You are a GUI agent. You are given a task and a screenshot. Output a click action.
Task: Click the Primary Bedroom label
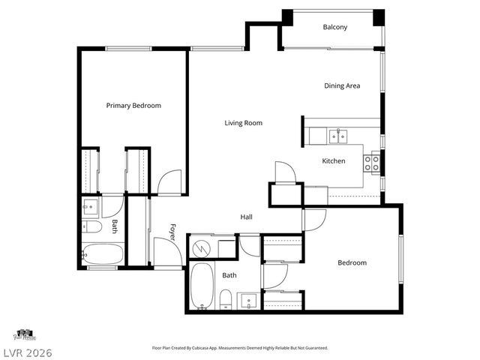coord(133,106)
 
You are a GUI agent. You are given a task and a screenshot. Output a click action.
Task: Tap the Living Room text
coord(243,123)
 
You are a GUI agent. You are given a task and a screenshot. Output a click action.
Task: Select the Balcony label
coord(334,28)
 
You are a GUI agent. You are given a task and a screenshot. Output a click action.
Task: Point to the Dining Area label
coord(342,85)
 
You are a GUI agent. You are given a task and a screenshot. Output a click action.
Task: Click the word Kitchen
coord(334,161)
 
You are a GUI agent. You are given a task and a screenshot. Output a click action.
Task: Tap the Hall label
coord(246,217)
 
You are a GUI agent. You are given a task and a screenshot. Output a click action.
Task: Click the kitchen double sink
coord(338,136)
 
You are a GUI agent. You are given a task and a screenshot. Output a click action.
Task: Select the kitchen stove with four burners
coord(372,162)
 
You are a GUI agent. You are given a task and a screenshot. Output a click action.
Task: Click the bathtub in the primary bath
coord(102,255)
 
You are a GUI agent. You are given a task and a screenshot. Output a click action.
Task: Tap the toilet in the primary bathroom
coord(91,226)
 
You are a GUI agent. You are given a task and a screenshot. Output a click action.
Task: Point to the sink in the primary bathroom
coord(91,205)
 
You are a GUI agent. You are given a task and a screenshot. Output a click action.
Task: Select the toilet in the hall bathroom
coord(226,300)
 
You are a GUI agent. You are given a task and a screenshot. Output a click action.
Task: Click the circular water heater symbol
coord(201,246)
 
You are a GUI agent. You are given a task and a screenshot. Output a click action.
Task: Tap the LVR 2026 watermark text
coord(27,351)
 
